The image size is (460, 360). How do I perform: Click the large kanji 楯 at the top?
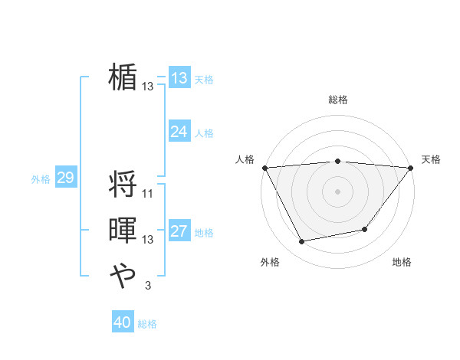[123, 77]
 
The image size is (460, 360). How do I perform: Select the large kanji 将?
[123, 184]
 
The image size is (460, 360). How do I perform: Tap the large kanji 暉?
[123, 231]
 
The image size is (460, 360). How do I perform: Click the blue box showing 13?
[179, 78]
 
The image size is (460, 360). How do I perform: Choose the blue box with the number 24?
[179, 132]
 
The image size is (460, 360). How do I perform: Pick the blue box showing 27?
[179, 231]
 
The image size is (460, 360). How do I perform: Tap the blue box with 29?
[65, 178]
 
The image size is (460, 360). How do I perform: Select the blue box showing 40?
[123, 322]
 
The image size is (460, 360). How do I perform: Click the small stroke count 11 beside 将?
[148, 193]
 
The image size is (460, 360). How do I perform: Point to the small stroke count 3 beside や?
[147, 286]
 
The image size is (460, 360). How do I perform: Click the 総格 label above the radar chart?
[338, 100]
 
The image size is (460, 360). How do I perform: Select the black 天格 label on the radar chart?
[431, 159]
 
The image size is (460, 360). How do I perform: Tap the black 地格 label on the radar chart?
[402, 263]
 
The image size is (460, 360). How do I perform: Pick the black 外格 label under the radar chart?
[270, 263]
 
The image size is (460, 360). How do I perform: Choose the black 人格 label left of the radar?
[245, 159]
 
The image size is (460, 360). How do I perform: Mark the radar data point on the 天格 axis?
[411, 167]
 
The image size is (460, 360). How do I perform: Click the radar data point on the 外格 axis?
[302, 242]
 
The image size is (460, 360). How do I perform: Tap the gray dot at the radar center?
[337, 191]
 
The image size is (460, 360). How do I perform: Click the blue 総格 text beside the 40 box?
[147, 324]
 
